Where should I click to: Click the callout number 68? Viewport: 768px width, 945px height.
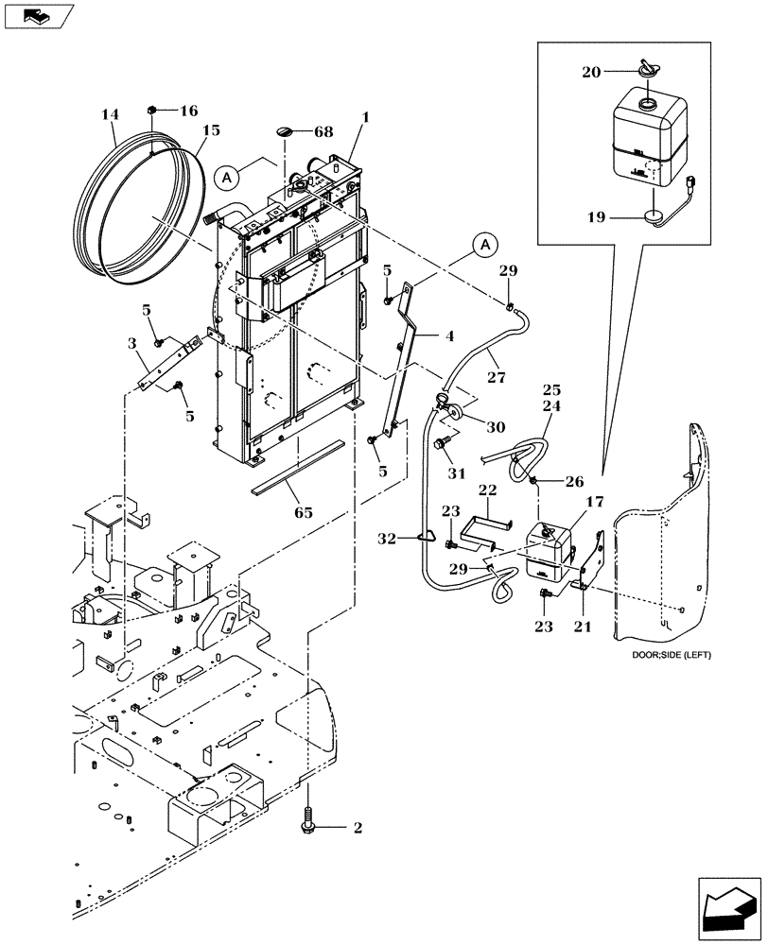(323, 132)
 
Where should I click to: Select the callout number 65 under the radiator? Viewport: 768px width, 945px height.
(305, 514)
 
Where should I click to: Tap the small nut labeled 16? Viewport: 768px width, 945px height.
(153, 111)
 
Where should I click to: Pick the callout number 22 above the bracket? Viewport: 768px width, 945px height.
(487, 490)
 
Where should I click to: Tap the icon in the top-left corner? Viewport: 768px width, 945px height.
(36, 14)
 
